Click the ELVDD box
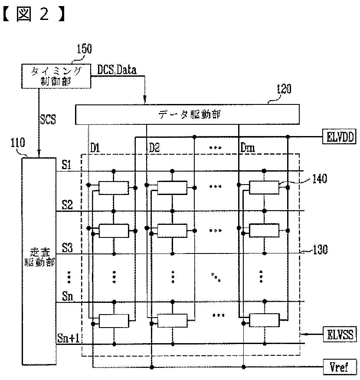[339, 137]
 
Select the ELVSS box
[339, 334]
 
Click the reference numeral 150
[84, 49]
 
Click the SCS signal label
[48, 119]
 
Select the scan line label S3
[67, 248]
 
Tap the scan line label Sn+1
[69, 338]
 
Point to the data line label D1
[95, 147]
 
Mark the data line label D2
[154, 147]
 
